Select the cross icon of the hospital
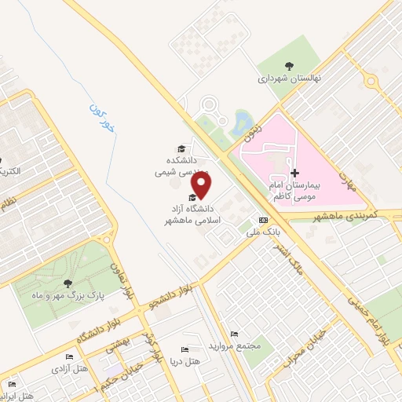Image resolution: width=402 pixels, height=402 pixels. pyautogui.click(x=294, y=173)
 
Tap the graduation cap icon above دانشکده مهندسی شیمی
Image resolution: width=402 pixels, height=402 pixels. pyautogui.click(x=181, y=148)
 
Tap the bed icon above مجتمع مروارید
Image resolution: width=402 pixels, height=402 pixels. pyautogui.click(x=232, y=334)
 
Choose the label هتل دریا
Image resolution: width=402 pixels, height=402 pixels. pyautogui.click(x=187, y=360)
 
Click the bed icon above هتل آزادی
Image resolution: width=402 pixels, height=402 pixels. pyautogui.click(x=69, y=357)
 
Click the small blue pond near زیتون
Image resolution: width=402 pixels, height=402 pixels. pyautogui.click(x=243, y=120)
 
